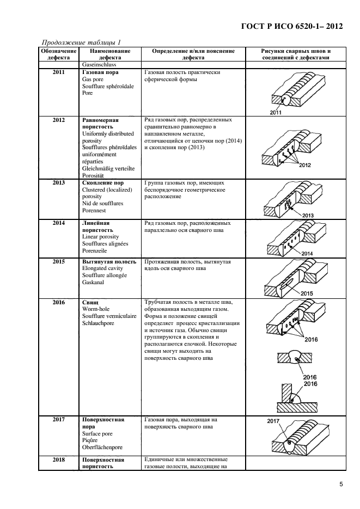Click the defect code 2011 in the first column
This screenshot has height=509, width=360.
pyautogui.click(x=58, y=72)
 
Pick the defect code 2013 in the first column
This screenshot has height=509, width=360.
pyautogui.click(x=58, y=183)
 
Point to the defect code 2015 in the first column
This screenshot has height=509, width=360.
pyautogui.click(x=58, y=262)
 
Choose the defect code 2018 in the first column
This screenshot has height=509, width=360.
pyautogui.click(x=58, y=460)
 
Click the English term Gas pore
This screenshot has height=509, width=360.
pyautogui.click(x=93, y=79)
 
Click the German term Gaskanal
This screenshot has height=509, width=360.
pyautogui.click(x=95, y=283)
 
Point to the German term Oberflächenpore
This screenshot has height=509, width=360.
pyautogui.click(x=102, y=447)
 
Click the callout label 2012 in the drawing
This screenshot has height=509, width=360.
pyautogui.click(x=305, y=165)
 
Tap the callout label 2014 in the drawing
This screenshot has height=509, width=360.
pyautogui.click(x=307, y=254)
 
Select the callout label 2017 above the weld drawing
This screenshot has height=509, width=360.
pyautogui.click(x=274, y=421)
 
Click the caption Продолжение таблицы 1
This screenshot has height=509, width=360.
pyautogui.click(x=81, y=42)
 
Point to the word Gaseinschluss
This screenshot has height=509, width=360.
pyautogui.click(x=100, y=65)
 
